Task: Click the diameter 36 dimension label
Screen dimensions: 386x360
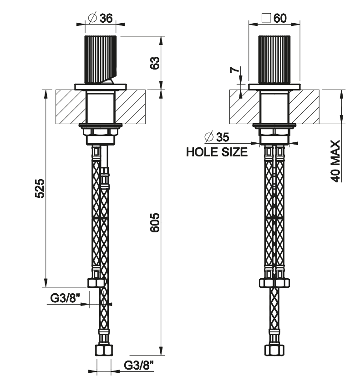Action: click(100, 18)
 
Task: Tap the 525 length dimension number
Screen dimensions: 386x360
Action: click(40, 188)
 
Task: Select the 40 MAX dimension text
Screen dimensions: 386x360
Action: click(336, 162)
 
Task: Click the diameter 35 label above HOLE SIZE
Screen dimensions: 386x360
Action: click(217, 137)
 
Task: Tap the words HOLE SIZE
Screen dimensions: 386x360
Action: click(217, 152)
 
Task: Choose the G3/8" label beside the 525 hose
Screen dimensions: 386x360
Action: click(65, 298)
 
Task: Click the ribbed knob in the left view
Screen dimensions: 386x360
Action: click(100, 58)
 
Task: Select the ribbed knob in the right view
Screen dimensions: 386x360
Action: click(274, 58)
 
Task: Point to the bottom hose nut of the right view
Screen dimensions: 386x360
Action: click(274, 351)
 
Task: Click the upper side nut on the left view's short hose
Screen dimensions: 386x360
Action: click(96, 283)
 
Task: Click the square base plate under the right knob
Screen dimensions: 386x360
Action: click(274, 86)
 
